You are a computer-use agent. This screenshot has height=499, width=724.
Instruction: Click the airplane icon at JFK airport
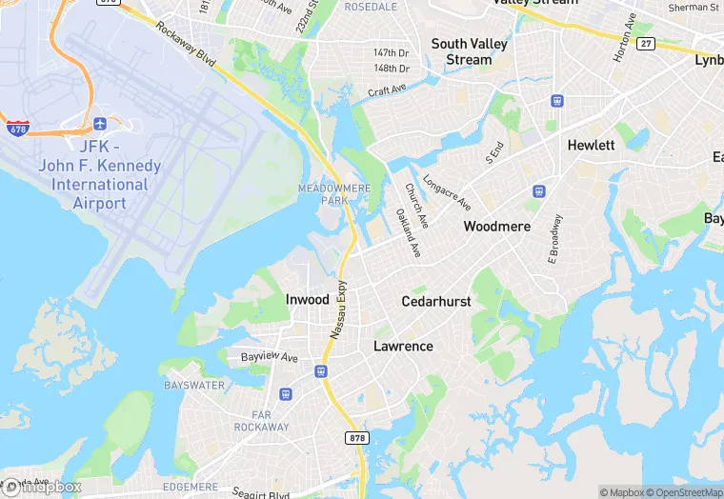(x=101, y=125)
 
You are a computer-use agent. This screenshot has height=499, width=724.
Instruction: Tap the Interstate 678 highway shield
(x=17, y=127)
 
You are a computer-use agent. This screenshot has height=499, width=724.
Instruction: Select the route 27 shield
(x=647, y=43)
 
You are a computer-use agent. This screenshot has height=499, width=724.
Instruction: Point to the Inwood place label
(x=308, y=300)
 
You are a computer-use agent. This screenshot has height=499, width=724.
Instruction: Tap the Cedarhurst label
(x=436, y=301)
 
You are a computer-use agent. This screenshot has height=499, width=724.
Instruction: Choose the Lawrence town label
(x=403, y=347)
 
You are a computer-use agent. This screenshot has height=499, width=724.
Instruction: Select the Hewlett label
(x=592, y=146)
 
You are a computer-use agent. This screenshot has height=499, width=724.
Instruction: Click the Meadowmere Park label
(x=334, y=194)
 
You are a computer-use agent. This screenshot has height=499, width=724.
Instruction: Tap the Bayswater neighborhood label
(x=194, y=386)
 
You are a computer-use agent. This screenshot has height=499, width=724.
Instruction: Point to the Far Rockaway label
(x=256, y=420)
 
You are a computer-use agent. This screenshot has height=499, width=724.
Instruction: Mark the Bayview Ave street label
(x=270, y=358)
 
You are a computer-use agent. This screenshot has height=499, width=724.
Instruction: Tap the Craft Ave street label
(x=388, y=91)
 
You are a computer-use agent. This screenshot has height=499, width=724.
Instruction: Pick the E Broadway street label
(x=555, y=238)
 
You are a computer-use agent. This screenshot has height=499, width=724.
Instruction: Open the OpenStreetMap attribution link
(x=684, y=492)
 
